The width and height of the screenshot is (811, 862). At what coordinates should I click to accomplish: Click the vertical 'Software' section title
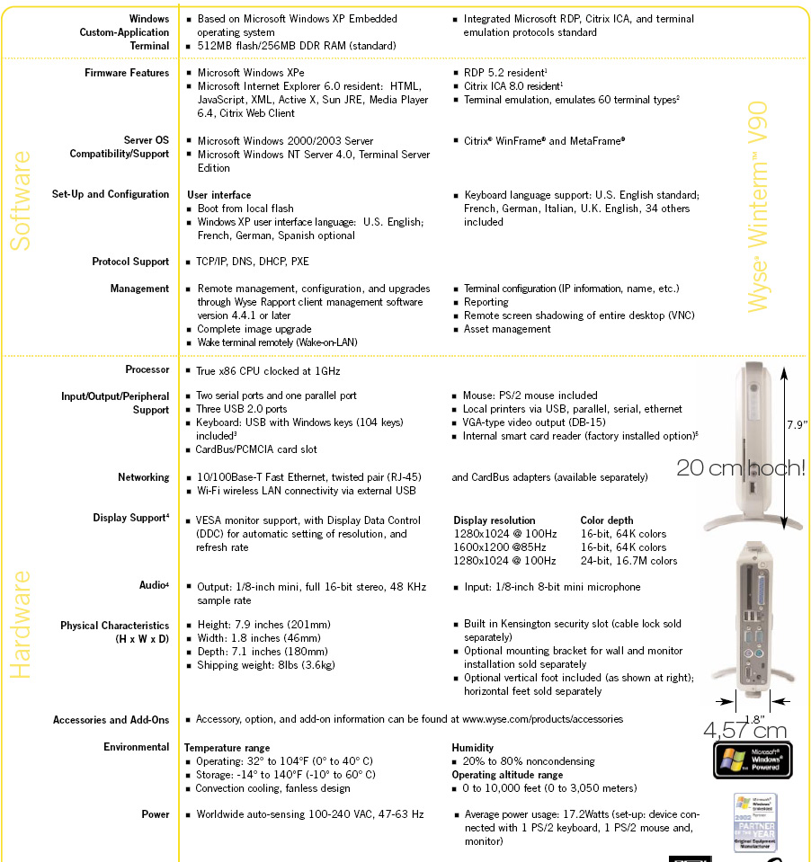21,200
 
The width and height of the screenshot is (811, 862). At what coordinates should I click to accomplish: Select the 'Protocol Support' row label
130,262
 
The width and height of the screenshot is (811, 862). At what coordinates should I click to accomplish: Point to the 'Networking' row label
143,477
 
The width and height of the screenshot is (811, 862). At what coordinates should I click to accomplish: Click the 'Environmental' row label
136,747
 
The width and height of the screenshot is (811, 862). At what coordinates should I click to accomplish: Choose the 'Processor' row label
147,369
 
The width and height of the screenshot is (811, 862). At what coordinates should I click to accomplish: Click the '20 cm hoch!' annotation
741,467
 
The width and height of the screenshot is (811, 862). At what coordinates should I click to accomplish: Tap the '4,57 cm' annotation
745,730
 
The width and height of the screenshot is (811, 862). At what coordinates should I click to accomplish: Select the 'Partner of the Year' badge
755,822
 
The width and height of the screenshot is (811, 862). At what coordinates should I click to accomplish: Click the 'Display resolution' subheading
494,520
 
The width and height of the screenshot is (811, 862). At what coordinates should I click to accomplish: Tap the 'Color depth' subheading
607,520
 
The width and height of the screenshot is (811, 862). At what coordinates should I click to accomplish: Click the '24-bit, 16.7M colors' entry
628,561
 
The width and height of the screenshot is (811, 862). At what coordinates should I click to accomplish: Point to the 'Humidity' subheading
472,748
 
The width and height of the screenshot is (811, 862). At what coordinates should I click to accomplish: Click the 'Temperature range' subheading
227,748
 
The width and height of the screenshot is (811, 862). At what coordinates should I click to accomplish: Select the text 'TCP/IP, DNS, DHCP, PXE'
253,262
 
